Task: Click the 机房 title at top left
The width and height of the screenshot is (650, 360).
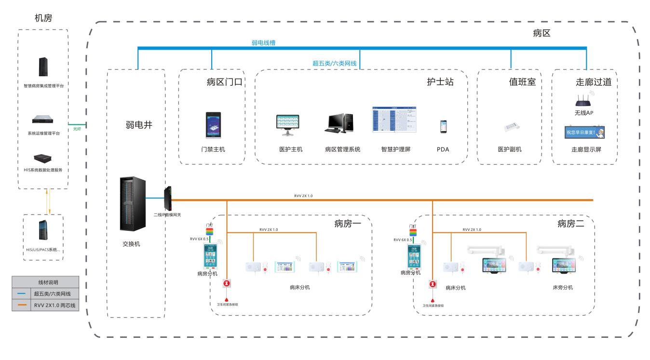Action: [x=43, y=18]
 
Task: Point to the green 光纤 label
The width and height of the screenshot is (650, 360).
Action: [x=77, y=129]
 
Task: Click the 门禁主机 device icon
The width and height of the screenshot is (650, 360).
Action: [x=212, y=126]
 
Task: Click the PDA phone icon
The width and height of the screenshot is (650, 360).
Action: [x=443, y=126]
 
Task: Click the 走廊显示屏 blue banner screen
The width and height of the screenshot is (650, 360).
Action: [x=585, y=132]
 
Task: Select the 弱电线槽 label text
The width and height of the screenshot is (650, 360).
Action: [x=264, y=43]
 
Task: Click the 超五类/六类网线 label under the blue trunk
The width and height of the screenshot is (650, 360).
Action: [x=337, y=63]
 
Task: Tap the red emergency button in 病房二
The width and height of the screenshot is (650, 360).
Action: [x=433, y=285]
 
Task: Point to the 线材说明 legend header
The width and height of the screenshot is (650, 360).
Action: [x=45, y=282]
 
